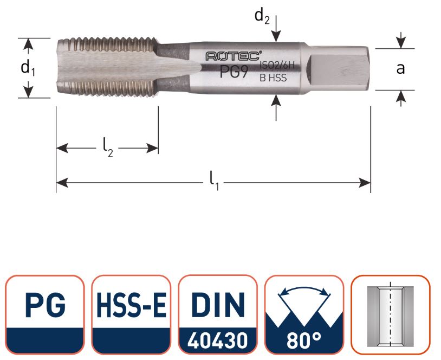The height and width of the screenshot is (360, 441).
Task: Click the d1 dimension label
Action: click(27, 68)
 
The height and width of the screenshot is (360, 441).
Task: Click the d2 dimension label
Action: click(262, 16)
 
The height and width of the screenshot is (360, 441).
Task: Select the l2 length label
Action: click(108, 146)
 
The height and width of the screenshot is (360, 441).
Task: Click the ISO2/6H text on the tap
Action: click(273, 66)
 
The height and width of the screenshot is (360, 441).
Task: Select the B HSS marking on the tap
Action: click(273, 78)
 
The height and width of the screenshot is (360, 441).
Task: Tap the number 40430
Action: click(218, 340)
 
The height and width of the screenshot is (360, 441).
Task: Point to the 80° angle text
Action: click(304, 340)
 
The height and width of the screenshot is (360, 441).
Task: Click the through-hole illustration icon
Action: click(390, 314)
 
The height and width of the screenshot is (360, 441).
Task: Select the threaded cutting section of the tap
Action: click(106, 68)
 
